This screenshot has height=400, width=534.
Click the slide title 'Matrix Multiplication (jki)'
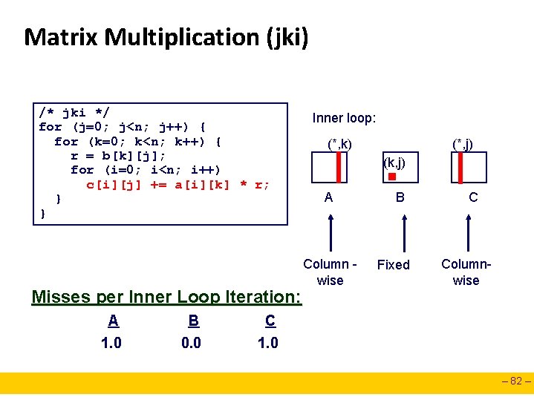166,36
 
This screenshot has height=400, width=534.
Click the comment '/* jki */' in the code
74,113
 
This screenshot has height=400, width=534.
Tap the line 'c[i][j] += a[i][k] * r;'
178,184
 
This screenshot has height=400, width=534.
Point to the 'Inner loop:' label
344,118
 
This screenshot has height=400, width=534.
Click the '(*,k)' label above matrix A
339,143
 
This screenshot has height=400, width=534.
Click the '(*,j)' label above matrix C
464,143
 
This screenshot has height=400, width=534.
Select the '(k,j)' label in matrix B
394,162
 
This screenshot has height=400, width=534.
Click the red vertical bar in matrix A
338,167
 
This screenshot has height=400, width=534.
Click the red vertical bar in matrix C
460,167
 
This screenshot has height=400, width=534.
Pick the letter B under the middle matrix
400,197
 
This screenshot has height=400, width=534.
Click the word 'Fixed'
393,265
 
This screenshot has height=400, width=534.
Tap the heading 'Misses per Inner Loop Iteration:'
166,297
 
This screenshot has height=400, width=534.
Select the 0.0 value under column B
191,343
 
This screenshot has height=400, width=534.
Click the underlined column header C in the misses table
270,321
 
